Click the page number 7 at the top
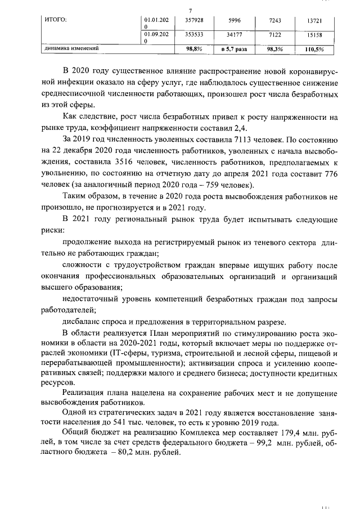click(191, 10)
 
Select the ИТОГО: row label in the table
click(56, 20)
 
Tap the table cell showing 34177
click(235, 34)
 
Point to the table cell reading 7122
click(275, 34)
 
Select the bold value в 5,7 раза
click(235, 49)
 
